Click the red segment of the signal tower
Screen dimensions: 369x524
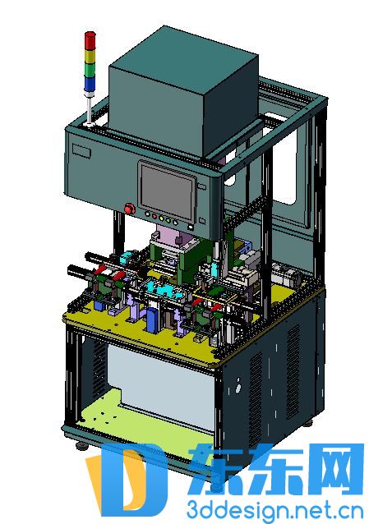[90, 40]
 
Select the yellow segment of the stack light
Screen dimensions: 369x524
[90, 56]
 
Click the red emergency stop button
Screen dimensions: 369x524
[129, 209]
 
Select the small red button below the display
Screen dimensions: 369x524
[155, 216]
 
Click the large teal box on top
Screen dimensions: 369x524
[183, 90]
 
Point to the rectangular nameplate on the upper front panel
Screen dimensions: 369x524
[81, 150]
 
